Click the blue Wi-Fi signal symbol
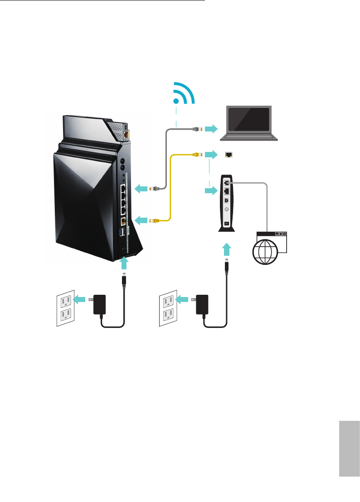click(x=183, y=96)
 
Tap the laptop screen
click(x=249, y=121)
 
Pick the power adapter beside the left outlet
click(x=99, y=304)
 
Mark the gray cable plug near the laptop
click(x=196, y=129)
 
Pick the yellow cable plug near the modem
click(x=196, y=155)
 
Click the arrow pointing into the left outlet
click(x=81, y=299)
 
